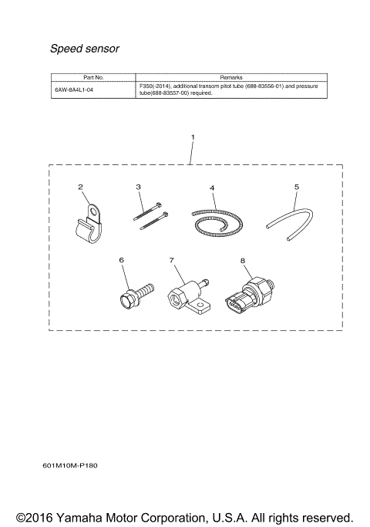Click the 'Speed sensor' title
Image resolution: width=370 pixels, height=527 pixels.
point(85,49)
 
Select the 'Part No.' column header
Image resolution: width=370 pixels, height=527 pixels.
point(93,78)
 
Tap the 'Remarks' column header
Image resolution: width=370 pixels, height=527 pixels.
point(230,78)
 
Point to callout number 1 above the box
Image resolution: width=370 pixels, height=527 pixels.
point(192,137)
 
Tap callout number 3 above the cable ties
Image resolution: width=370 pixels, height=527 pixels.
point(138,187)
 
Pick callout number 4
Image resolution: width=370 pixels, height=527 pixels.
point(212,187)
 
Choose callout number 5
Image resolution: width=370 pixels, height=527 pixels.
point(296,187)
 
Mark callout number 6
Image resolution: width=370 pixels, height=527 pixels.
point(121,261)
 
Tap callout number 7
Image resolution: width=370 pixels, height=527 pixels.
point(171,261)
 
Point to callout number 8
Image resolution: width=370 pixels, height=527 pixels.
point(242,261)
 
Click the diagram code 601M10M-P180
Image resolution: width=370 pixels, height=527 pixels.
point(71,467)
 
